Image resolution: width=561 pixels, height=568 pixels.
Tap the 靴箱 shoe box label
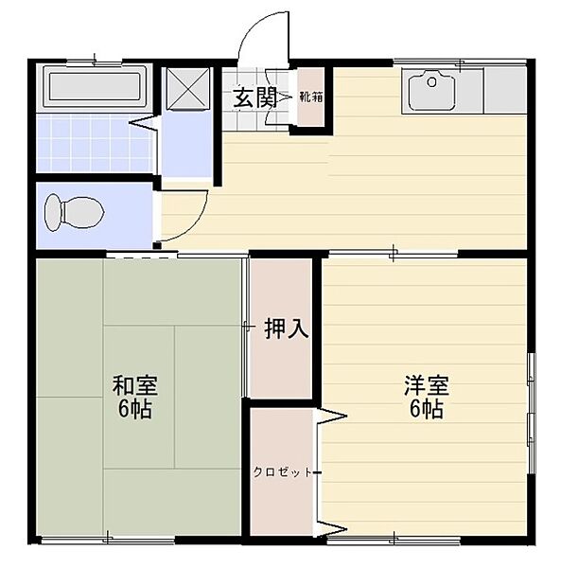(x=308, y=96)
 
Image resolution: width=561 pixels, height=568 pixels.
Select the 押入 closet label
(x=285, y=328)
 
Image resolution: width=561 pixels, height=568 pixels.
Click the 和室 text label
(x=134, y=386)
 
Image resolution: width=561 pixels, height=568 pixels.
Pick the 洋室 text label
(x=425, y=386)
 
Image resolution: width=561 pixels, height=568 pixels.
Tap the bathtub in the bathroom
(x=94, y=87)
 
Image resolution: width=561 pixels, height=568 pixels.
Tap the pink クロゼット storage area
(x=282, y=502)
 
